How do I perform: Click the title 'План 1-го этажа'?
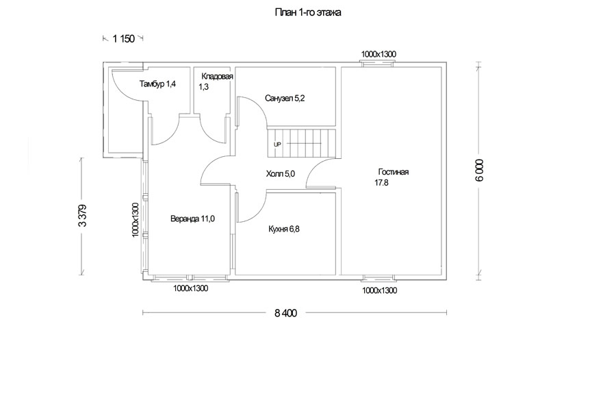(307, 12)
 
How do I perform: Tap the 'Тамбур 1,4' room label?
(157, 84)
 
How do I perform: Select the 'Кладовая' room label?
(217, 76)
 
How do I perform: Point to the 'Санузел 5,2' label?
(285, 99)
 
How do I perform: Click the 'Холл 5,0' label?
(281, 174)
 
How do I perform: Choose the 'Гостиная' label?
(394, 172)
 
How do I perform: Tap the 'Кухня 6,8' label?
(283, 229)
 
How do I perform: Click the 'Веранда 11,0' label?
(192, 219)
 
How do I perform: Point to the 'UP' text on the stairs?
(277, 145)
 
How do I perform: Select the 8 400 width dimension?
(285, 313)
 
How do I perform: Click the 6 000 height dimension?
(480, 171)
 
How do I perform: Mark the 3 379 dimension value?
(83, 216)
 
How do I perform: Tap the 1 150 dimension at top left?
(124, 38)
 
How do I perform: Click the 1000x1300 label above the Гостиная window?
(378, 54)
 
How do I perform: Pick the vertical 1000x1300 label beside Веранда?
(135, 220)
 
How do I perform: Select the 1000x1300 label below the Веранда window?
(190, 288)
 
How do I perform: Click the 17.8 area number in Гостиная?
(381, 182)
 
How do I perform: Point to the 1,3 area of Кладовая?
(203, 87)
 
